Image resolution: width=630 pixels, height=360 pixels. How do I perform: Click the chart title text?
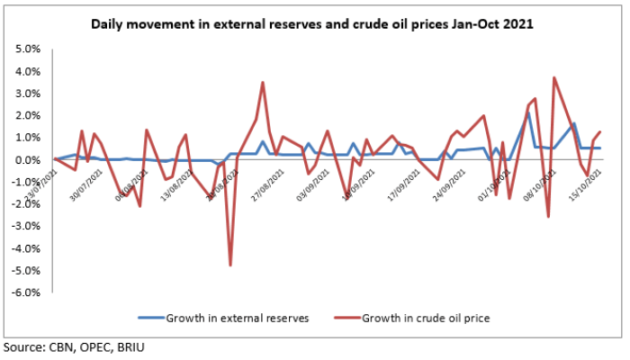(x=312, y=25)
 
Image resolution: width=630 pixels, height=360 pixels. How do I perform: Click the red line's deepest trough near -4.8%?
(x=230, y=265)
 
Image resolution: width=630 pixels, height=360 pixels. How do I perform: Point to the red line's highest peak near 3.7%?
(x=554, y=77)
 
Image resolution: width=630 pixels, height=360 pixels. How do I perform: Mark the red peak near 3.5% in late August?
(x=263, y=82)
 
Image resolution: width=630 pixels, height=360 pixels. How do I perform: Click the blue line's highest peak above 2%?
(x=528, y=112)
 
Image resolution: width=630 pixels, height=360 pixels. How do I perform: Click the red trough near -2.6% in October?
(x=548, y=217)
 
